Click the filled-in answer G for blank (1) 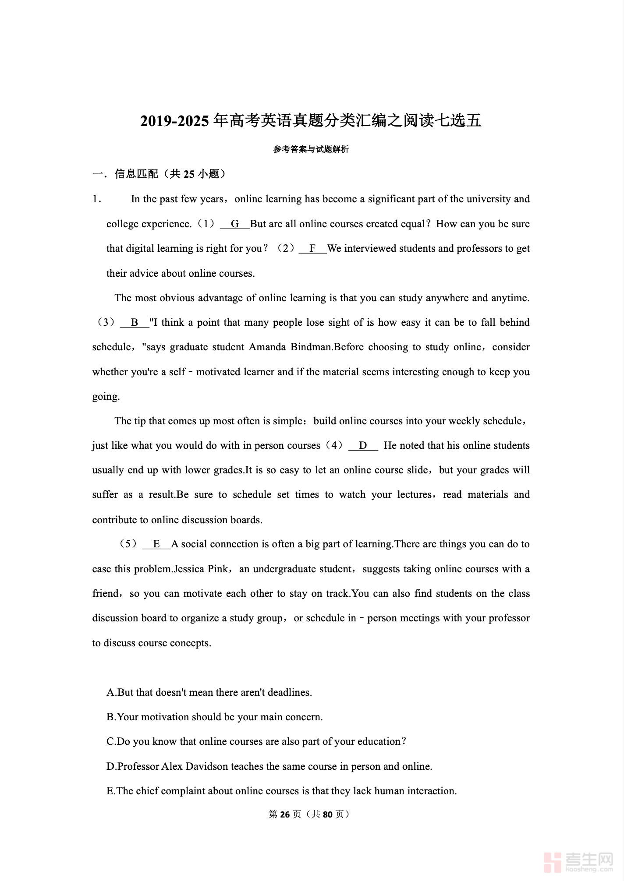point(235,224)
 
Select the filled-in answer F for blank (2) point(312,249)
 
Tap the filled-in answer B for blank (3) point(135,323)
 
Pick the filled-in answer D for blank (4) point(363,446)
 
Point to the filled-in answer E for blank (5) point(156,544)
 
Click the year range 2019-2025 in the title point(174,121)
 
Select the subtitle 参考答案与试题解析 point(311,149)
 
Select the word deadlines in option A point(290,693)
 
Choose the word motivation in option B point(164,717)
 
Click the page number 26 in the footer point(285,814)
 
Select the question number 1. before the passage point(97,199)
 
